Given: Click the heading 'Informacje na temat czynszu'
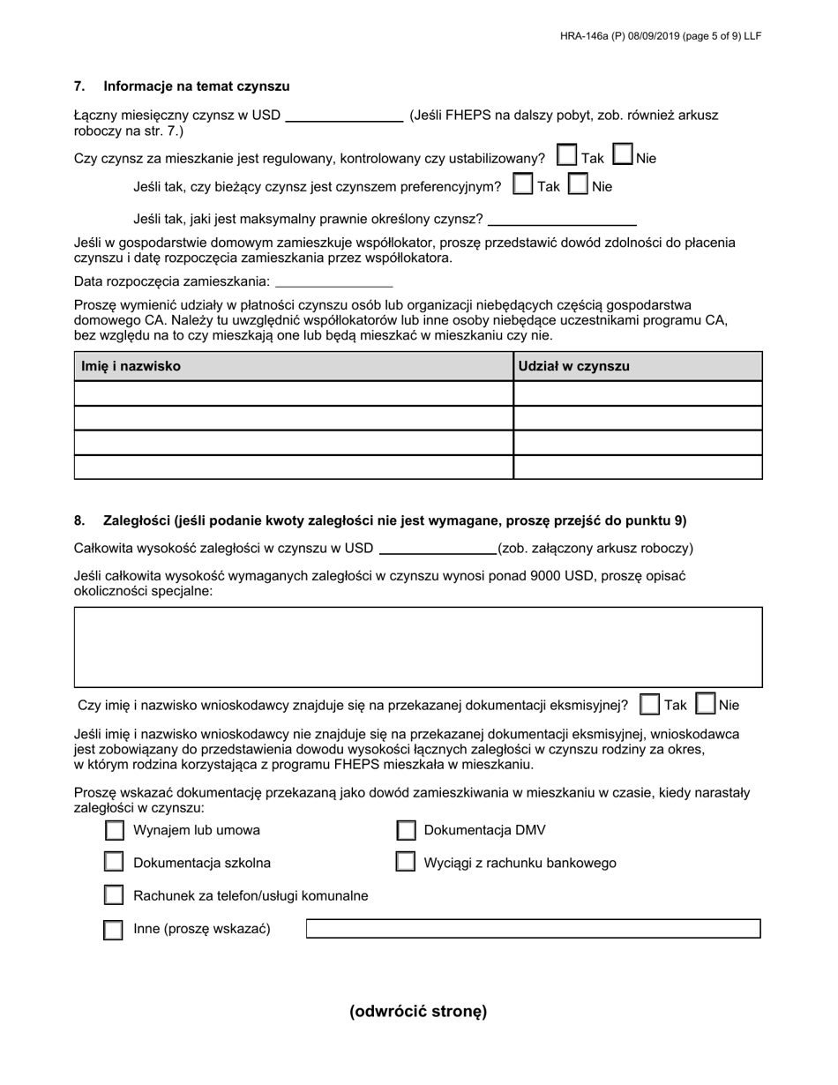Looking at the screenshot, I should coord(196,86).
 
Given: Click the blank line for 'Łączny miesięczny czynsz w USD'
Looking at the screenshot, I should coord(344,116).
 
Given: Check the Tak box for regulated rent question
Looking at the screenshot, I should coord(567,156).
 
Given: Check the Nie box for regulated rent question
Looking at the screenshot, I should coord(623,156).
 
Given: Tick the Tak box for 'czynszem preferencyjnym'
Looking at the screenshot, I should coord(523,184).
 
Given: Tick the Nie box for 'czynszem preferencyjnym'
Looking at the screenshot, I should coord(578,184).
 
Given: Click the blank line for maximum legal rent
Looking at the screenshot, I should coord(562,219).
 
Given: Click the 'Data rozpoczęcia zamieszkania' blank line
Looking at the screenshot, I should coord(333,281).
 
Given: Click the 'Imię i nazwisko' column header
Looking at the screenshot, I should coord(131,366).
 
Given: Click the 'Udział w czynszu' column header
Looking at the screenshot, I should coord(574,366).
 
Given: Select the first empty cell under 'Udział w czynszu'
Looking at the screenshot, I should coord(637,393).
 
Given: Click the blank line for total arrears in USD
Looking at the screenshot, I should coord(438,549).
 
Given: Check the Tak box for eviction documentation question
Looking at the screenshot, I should coord(650,704).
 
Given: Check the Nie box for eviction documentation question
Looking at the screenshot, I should coord(706,704).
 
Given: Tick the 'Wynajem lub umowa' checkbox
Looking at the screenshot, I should coord(114,830).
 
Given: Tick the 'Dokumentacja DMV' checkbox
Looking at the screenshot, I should coord(406,830).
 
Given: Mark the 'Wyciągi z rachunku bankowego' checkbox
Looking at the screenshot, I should coord(406,862).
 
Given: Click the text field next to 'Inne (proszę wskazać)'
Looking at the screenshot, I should coord(533,929).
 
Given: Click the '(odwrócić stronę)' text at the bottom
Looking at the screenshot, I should coord(418,1012).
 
